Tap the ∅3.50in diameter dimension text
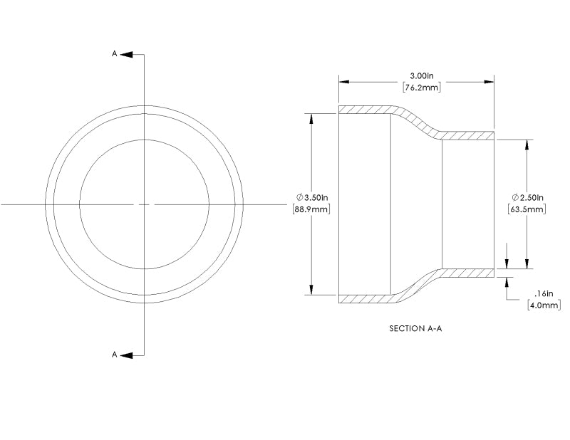tap(311, 197)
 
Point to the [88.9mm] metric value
tap(311, 209)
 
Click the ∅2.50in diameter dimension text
tap(527, 197)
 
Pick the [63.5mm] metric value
tap(527, 209)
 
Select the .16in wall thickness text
tap(544, 293)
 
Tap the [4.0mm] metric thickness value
tap(544, 305)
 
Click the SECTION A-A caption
tap(416, 329)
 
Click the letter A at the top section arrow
tap(114, 53)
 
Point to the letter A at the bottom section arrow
tap(114, 355)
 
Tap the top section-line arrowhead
tap(125, 53)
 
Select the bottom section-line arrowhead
tap(125, 355)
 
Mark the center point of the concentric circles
tap(145, 204)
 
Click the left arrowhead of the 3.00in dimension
tap(343, 82)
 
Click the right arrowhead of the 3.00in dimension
tap(489, 82)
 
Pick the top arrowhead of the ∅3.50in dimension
tap(311, 118)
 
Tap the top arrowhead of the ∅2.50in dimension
tap(527, 144)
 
